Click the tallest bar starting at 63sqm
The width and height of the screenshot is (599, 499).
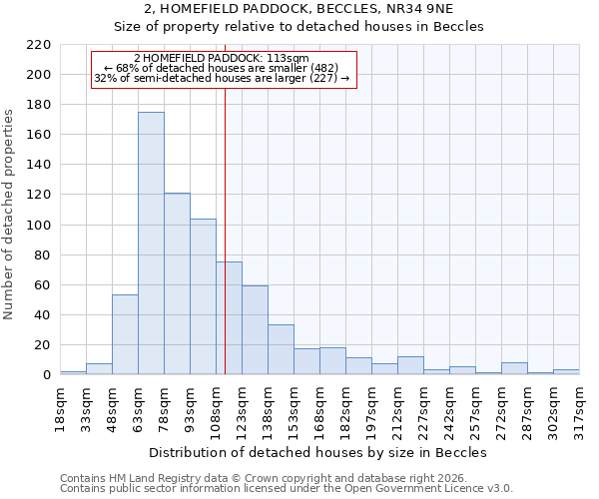151,244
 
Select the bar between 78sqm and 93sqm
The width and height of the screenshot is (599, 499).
177,284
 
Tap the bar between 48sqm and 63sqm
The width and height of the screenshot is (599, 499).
125,334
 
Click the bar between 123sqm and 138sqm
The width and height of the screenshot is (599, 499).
255,330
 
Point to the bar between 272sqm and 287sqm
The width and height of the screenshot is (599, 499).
514,368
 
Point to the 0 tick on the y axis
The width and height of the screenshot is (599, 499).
46,375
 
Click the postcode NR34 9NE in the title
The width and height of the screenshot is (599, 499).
416,9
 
